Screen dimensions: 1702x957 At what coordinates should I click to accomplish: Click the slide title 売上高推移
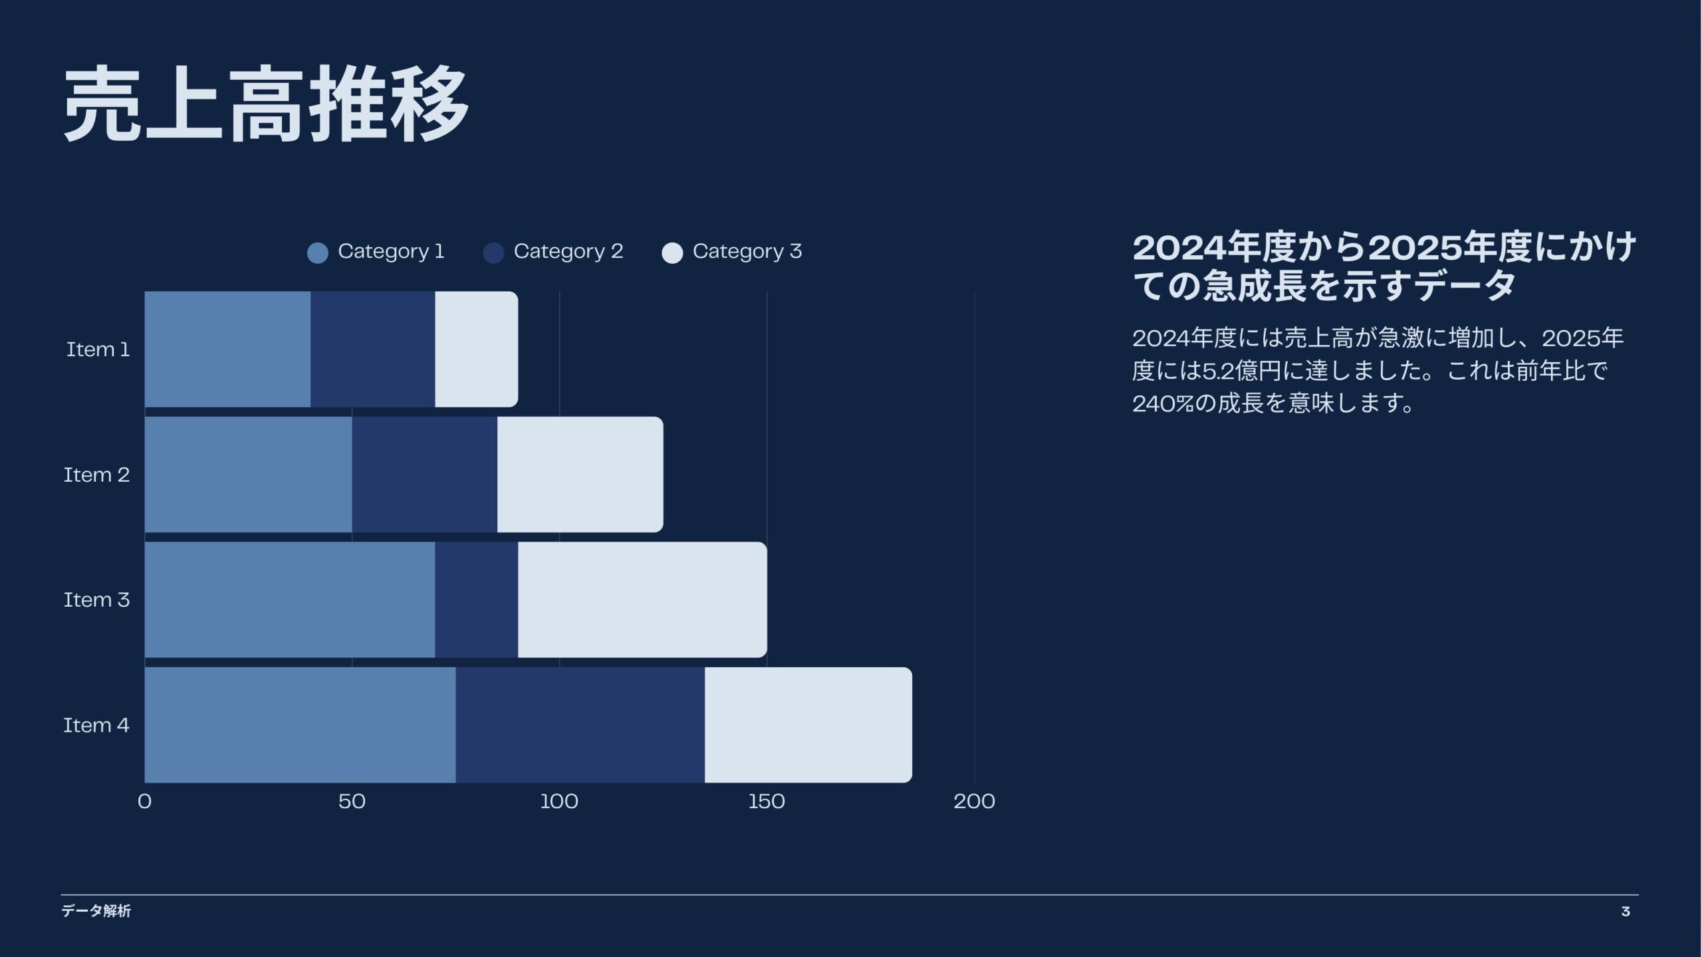267,104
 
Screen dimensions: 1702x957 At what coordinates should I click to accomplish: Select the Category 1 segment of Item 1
227,349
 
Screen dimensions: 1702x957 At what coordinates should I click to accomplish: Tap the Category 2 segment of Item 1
373,349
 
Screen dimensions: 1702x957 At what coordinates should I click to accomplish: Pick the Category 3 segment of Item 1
477,349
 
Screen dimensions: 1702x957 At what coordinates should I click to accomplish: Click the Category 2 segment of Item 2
425,475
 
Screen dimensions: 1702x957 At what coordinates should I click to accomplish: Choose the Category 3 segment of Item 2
580,475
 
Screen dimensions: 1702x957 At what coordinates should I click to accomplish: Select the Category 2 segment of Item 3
477,599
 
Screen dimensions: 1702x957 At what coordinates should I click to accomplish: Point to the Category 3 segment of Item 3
643,599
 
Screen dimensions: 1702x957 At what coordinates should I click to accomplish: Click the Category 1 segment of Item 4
300,725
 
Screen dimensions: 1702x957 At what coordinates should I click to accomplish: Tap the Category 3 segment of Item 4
808,725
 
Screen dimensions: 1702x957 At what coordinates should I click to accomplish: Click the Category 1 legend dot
318,253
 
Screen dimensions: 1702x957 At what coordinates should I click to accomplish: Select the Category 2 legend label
568,252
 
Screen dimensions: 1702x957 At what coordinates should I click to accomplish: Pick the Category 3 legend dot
672,253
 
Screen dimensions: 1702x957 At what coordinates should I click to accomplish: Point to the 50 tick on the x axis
352,801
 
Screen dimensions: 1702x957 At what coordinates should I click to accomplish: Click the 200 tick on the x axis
974,801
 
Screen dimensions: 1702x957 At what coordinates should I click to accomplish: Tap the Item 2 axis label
96,475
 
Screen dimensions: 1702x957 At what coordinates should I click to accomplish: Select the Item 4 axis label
96,725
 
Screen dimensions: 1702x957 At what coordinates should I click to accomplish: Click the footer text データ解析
96,911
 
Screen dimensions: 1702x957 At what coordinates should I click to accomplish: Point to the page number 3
1626,912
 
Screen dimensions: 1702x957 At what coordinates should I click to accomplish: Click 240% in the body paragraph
1163,403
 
